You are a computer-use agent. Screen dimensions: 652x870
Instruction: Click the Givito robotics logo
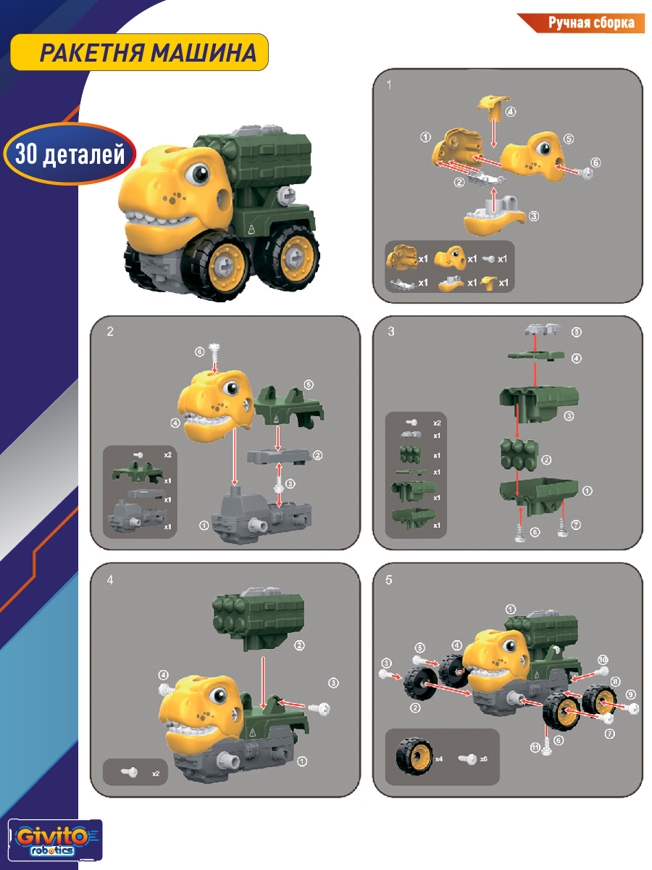[54, 840]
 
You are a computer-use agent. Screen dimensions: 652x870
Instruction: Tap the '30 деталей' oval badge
[70, 154]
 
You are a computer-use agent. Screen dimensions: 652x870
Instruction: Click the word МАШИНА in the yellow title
[203, 53]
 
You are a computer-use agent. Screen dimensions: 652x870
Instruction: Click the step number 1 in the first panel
[389, 85]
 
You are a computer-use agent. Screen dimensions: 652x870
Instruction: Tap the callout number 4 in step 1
[511, 112]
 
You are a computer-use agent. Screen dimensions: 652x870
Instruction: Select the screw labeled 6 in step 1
[585, 173]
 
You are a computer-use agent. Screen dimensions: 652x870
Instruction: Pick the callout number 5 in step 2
[309, 384]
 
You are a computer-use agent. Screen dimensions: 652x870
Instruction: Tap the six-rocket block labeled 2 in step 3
[519, 455]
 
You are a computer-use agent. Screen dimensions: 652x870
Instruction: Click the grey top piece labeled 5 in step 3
[543, 329]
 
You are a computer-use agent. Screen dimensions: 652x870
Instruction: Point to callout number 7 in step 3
[577, 525]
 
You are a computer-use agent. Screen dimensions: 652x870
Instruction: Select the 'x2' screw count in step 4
[156, 774]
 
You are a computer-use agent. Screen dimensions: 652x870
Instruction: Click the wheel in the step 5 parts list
[414, 756]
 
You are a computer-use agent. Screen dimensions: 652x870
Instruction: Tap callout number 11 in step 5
[535, 747]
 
